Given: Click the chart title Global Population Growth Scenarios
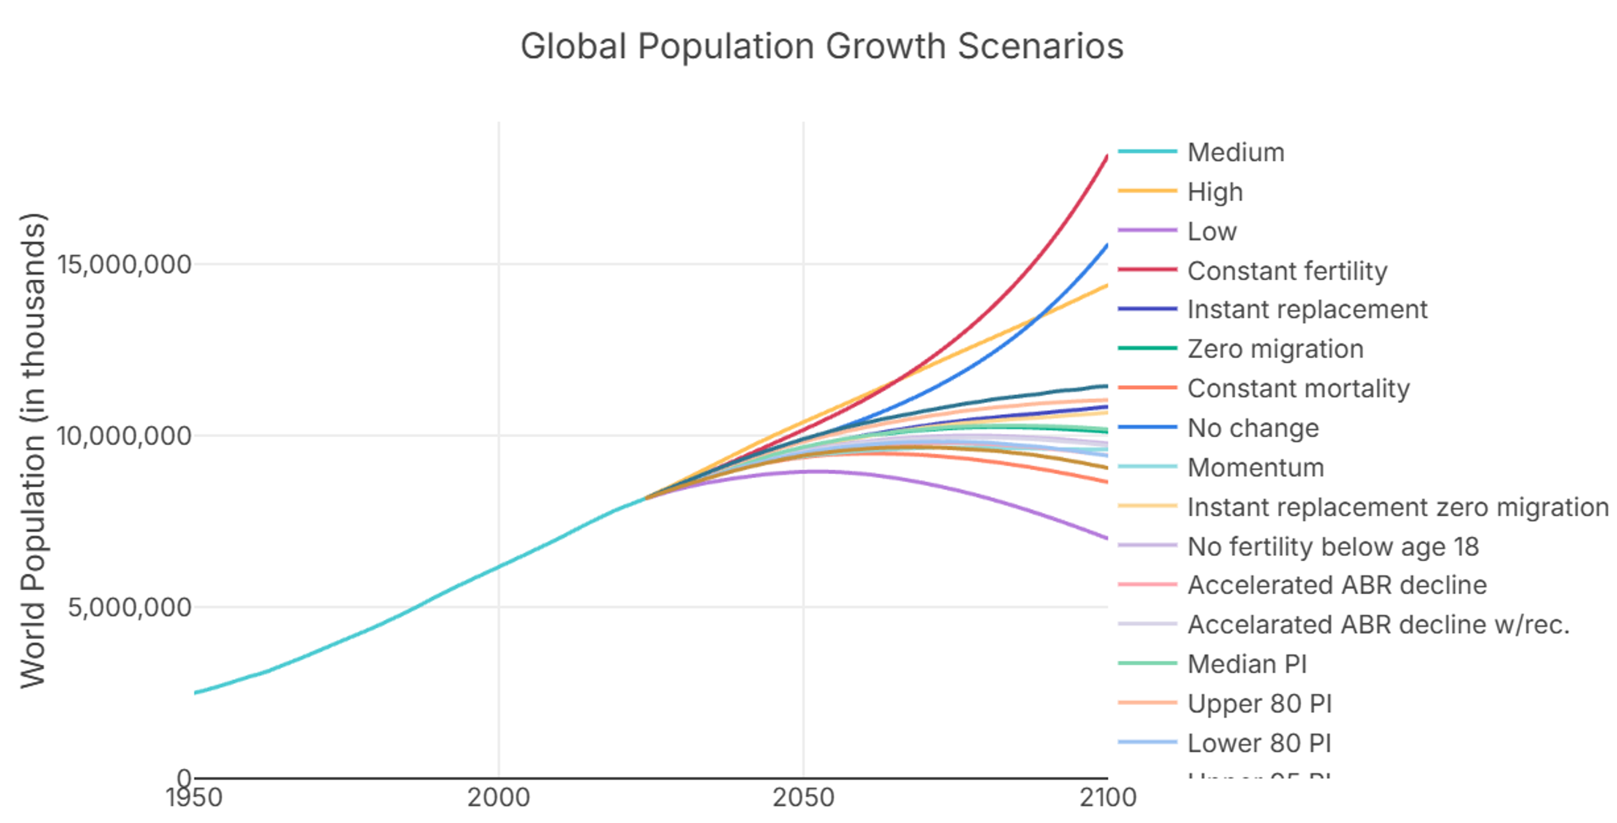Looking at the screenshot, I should coord(822,46).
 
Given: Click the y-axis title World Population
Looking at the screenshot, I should coord(33,450).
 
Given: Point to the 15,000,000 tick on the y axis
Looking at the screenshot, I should coord(124,265).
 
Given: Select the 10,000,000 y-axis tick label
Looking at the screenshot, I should coord(124,435).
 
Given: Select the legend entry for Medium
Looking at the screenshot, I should coord(1235,152).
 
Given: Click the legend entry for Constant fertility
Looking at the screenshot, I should coord(1287,270).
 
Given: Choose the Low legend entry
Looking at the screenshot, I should coord(1212,231).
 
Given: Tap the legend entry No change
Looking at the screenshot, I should coord(1253,428).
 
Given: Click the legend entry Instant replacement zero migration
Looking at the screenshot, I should coord(1398,507).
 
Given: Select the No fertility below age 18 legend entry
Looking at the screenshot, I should coord(1333,546).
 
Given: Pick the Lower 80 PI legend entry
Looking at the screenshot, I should coord(1258,743).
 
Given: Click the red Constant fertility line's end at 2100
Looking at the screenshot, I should coord(1106,157).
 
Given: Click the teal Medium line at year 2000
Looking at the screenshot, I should coord(498,567).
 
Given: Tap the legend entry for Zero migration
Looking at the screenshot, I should coord(1275,349).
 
